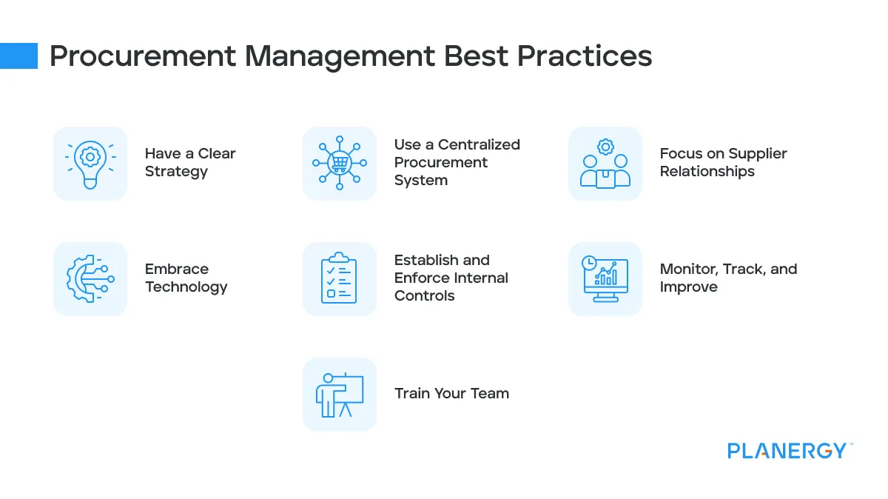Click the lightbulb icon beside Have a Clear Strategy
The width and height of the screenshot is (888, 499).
90,163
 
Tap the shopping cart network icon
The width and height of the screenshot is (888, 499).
340,163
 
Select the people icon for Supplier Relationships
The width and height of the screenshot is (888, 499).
605,163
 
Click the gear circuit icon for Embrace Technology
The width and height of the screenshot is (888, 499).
90,278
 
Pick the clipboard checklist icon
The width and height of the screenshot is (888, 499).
340,278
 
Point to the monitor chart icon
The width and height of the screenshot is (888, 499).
605,278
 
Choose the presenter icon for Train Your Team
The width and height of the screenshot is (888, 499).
340,394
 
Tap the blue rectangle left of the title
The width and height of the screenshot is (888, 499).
18,56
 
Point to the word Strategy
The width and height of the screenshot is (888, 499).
176,172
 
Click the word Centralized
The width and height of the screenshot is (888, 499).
479,145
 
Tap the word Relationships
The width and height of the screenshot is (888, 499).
707,172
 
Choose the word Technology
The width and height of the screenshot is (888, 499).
186,287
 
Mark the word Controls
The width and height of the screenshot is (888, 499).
424,296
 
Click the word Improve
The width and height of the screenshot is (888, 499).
688,287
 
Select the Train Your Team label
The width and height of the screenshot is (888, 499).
451,394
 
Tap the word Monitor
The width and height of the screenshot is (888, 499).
687,269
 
